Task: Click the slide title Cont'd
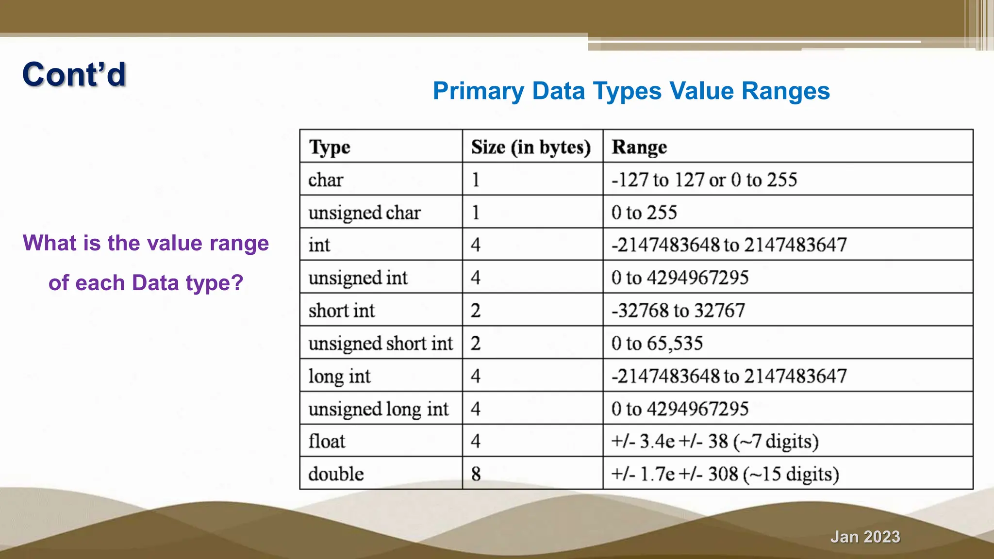[74, 75]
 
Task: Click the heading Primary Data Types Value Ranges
[631, 91]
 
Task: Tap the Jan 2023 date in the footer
[865, 537]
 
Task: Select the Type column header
[330, 147]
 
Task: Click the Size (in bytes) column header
[531, 147]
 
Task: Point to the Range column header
[639, 147]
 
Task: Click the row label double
[336, 474]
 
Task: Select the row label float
[327, 441]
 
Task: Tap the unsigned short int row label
[381, 343]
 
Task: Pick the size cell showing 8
[476, 474]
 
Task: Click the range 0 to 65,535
[657, 343]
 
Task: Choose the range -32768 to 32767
[678, 311]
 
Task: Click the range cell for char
[704, 180]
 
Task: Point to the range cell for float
[714, 441]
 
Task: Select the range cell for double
[725, 474]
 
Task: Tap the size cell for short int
[476, 311]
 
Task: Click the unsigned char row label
[364, 213]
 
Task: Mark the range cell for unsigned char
[644, 213]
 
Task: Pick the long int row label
[339, 376]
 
